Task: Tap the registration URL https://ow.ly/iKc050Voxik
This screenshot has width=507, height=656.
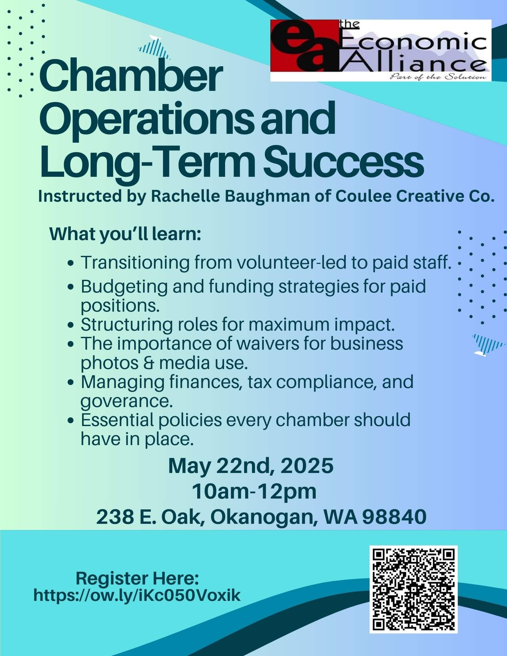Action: coord(137,595)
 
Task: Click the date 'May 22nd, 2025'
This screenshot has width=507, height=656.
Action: coord(251,466)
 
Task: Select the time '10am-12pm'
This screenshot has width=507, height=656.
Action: coord(254,492)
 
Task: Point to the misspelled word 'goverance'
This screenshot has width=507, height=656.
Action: coord(126,401)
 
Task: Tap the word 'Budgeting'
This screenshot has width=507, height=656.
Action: coord(124,287)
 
